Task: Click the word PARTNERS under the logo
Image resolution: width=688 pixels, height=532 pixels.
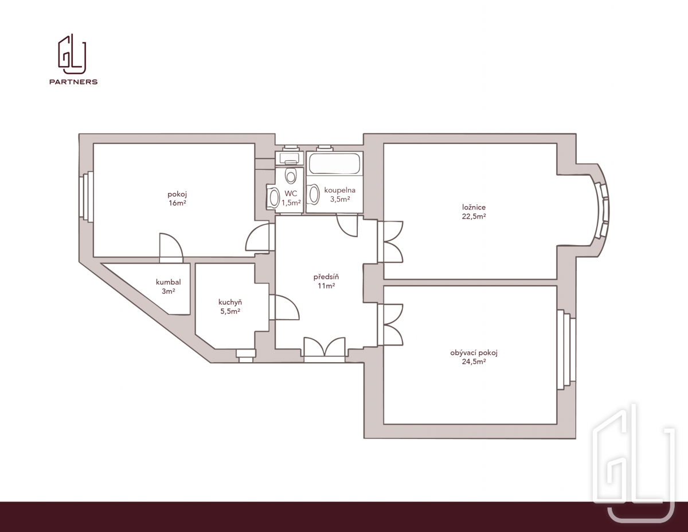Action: (73, 81)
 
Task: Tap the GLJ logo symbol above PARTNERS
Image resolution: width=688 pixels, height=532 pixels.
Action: (72, 54)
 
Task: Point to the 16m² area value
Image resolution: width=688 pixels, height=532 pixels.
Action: (177, 203)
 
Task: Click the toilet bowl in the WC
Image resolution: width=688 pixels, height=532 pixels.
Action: (291, 176)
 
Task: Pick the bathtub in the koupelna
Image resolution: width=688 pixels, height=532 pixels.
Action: (335, 163)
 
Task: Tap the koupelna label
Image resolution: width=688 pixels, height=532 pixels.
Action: (340, 190)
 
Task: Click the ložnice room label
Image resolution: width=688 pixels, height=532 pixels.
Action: (474, 207)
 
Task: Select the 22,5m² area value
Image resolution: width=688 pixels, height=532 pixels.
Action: (474, 216)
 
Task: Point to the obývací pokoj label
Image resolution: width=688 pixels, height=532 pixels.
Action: (474, 353)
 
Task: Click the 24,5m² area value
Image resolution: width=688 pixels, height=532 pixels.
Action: (474, 362)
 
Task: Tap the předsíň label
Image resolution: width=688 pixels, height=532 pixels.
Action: (326, 277)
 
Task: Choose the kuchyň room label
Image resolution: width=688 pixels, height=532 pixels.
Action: (230, 302)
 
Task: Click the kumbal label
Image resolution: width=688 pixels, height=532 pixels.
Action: (168, 282)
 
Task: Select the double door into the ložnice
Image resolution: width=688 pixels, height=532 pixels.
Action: (390, 242)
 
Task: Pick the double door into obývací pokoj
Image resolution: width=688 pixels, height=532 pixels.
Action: (390, 324)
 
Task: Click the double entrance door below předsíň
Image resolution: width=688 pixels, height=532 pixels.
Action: (325, 347)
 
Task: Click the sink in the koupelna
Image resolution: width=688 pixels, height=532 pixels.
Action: (314, 194)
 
